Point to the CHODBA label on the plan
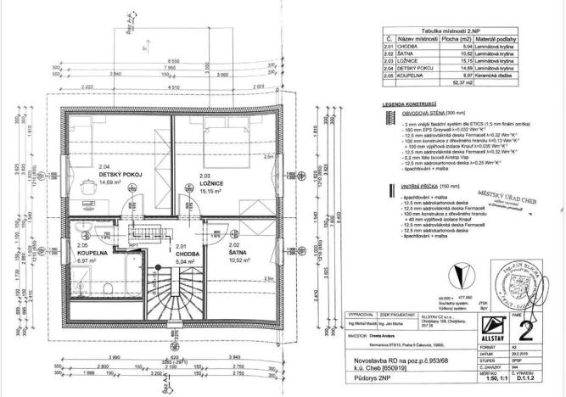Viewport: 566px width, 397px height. coord(186,254)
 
